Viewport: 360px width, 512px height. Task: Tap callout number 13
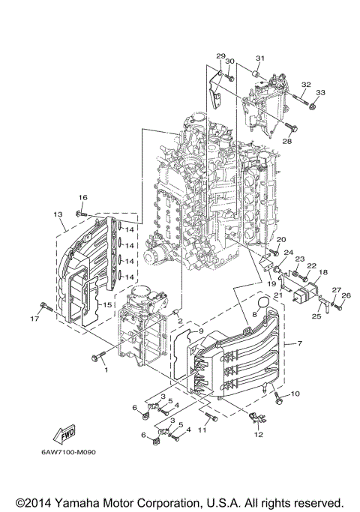58,214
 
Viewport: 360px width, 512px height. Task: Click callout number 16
82,196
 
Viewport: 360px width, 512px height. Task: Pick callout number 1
106,369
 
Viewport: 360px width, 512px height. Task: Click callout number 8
254,316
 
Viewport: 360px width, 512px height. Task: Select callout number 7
300,343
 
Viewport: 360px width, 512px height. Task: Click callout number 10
295,394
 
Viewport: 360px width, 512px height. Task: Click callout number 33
320,92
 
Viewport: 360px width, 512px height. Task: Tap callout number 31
259,58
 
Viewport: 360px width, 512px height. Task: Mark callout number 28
287,141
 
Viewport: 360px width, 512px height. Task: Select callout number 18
323,273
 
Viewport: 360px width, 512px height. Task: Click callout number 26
346,295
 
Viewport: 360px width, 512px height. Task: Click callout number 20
282,239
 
